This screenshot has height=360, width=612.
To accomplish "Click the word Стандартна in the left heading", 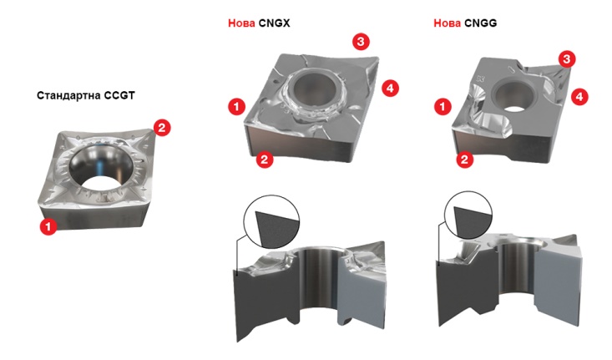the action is pyautogui.click(x=68, y=96).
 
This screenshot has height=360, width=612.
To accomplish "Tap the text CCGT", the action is pyautogui.click(x=119, y=96).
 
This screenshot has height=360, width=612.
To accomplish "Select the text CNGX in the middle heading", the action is pyautogui.click(x=274, y=23).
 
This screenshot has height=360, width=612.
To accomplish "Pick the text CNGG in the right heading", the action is pyautogui.click(x=481, y=23).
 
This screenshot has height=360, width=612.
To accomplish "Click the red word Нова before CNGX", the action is pyautogui.click(x=241, y=23).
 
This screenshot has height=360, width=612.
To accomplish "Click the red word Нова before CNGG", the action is pyautogui.click(x=448, y=23).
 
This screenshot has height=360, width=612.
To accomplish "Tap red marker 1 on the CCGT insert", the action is pyautogui.click(x=48, y=226).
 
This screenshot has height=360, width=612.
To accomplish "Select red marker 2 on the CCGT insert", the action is pyautogui.click(x=162, y=127).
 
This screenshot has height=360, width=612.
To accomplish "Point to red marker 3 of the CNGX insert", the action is pyautogui.click(x=361, y=42).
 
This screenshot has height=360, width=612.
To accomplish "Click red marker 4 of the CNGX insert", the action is pyautogui.click(x=390, y=89).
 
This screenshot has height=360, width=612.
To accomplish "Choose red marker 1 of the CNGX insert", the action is pyautogui.click(x=236, y=106).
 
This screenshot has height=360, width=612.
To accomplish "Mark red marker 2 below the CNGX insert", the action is pyautogui.click(x=265, y=160).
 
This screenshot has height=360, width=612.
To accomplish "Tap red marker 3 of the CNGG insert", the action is pyautogui.click(x=567, y=59).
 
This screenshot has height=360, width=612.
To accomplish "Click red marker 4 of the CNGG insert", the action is pyautogui.click(x=579, y=96).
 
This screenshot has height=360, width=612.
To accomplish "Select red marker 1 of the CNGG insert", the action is pyautogui.click(x=443, y=106).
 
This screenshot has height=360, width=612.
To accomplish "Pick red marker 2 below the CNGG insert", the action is pyautogui.click(x=464, y=160).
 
